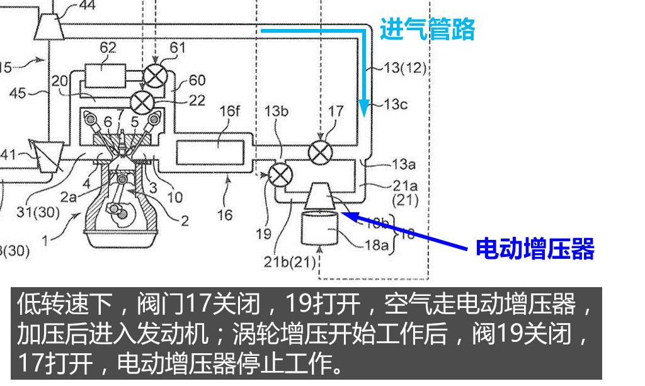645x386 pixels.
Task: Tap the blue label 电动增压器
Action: click(x=535, y=249)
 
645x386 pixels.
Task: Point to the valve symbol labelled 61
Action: click(x=154, y=76)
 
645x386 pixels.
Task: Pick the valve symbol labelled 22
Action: click(x=142, y=99)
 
